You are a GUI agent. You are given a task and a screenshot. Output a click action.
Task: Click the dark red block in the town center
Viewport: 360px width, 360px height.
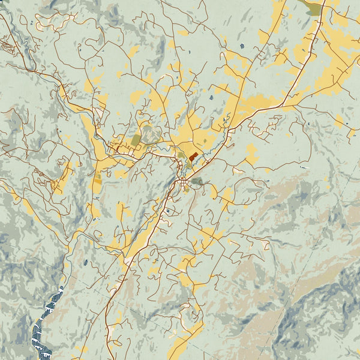coord(193,156)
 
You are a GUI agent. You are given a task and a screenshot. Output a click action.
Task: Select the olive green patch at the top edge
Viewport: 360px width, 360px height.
coord(312,8)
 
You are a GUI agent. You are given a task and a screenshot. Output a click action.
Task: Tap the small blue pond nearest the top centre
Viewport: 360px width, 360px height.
coord(242,46)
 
